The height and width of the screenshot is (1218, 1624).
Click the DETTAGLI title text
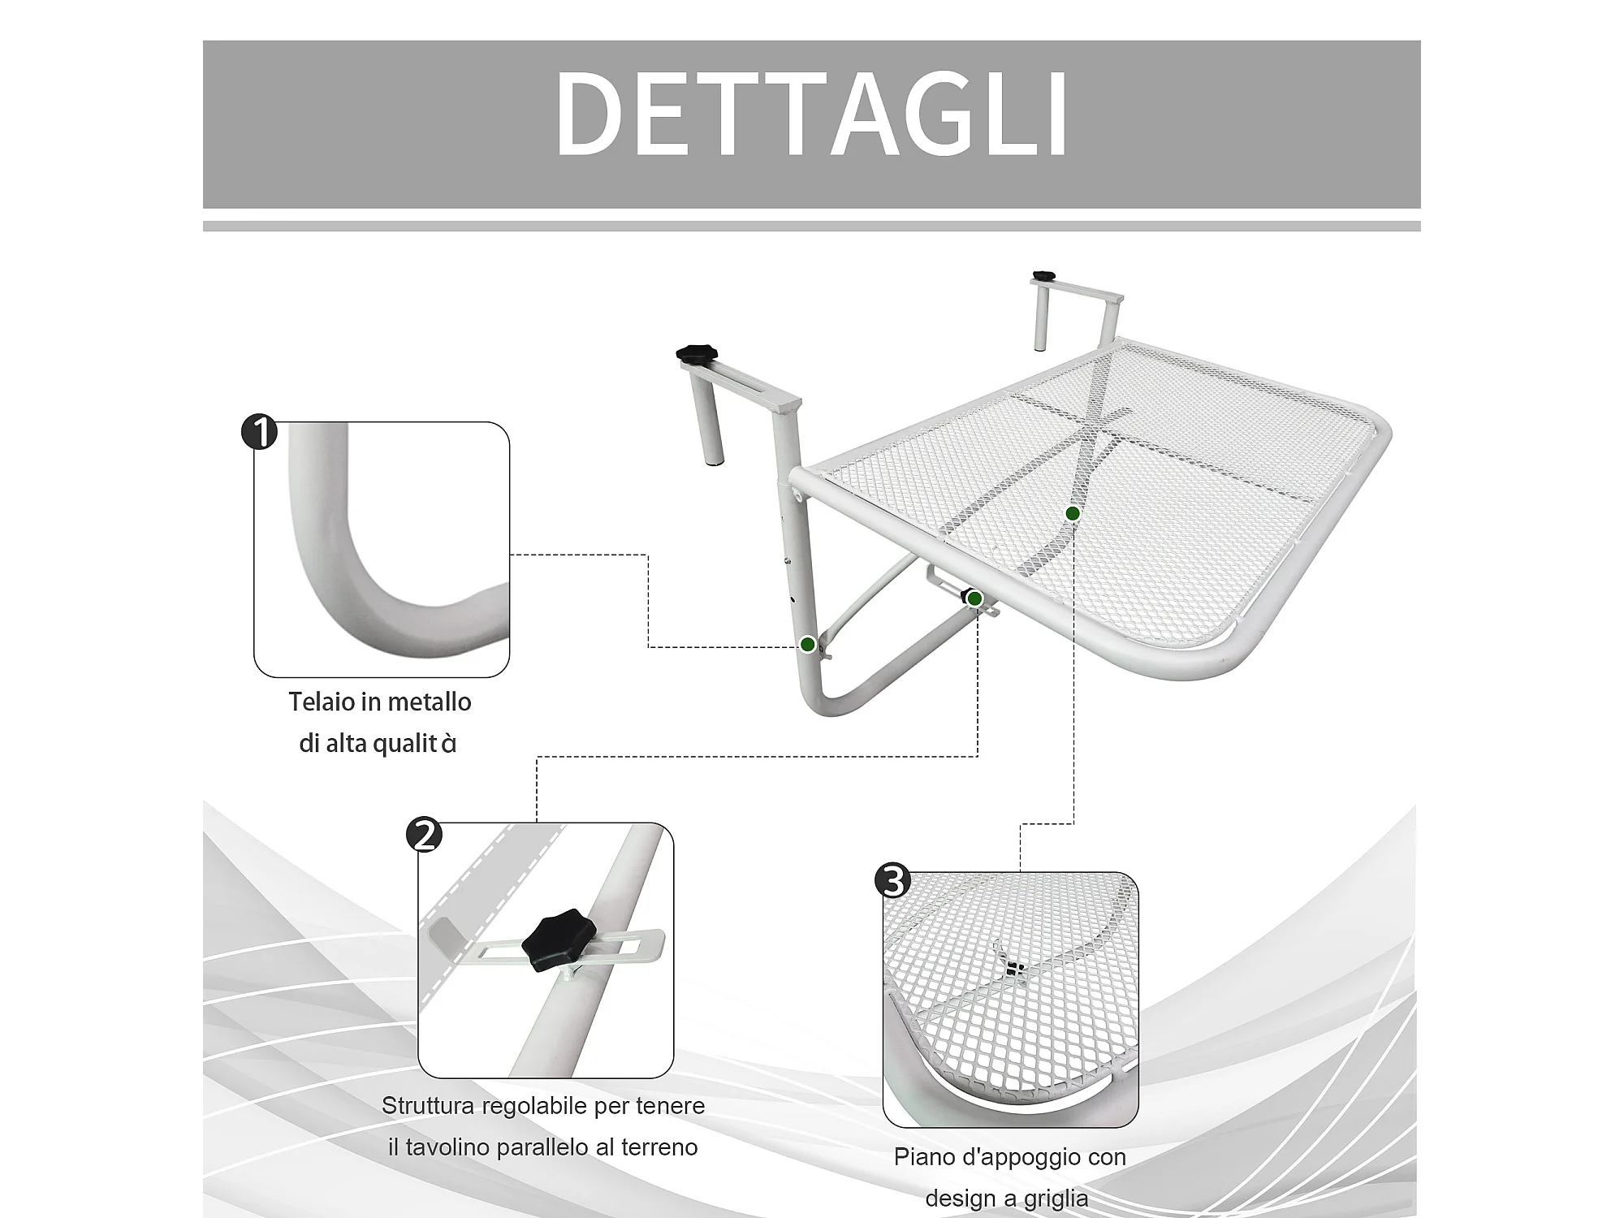(x=811, y=114)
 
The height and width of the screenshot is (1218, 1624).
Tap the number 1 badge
(x=260, y=432)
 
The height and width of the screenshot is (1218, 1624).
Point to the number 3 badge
(x=893, y=880)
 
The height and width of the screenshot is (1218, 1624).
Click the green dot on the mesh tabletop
(x=1073, y=513)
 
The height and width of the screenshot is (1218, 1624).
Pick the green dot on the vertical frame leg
(x=807, y=645)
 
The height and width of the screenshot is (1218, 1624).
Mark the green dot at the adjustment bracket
(x=975, y=599)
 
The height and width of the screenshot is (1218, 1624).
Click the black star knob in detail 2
(x=559, y=939)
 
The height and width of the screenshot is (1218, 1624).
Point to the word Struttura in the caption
(x=428, y=1106)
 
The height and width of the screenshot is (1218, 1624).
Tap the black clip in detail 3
(x=1011, y=967)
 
